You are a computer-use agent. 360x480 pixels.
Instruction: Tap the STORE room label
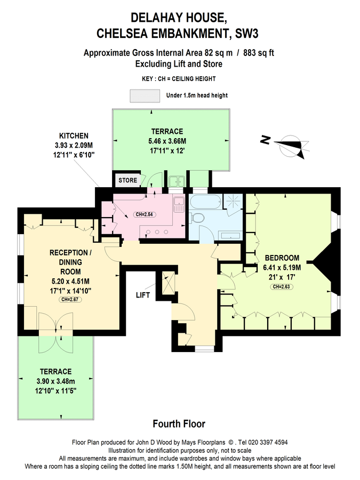click(x=127, y=180)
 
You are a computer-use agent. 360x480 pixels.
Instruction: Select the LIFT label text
click(x=143, y=295)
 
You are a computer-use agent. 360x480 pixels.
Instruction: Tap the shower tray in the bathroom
click(x=234, y=202)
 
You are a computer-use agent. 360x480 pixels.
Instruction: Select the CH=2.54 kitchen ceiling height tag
click(x=144, y=214)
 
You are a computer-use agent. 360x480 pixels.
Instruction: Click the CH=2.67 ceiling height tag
click(x=70, y=300)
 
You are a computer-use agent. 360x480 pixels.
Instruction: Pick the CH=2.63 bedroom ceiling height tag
click(x=281, y=287)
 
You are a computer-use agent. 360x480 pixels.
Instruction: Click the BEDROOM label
click(x=282, y=258)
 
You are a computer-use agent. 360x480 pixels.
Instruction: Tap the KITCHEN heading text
click(x=74, y=135)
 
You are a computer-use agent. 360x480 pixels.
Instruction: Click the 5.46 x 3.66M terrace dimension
click(x=167, y=141)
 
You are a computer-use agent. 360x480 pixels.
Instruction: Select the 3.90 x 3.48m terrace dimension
click(x=55, y=381)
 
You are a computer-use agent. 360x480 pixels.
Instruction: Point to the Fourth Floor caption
click(x=179, y=424)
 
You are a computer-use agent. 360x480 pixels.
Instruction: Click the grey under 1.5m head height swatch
click(x=145, y=95)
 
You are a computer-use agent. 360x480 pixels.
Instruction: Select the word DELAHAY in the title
click(x=152, y=18)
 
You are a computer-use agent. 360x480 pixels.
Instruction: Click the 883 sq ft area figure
click(x=259, y=53)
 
